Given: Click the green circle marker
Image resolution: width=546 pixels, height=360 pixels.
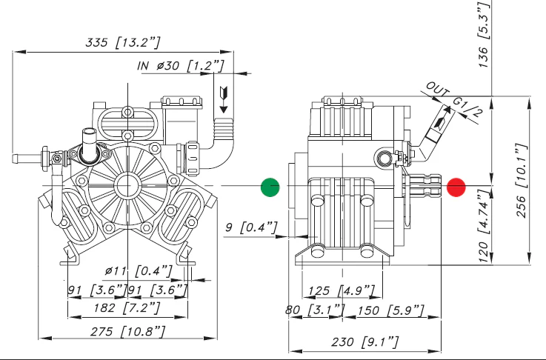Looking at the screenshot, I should [x=270, y=188].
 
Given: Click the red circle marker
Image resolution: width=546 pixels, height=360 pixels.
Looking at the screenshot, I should [x=456, y=188].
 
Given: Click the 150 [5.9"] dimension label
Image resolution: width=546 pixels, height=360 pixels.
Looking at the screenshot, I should [x=390, y=308].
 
